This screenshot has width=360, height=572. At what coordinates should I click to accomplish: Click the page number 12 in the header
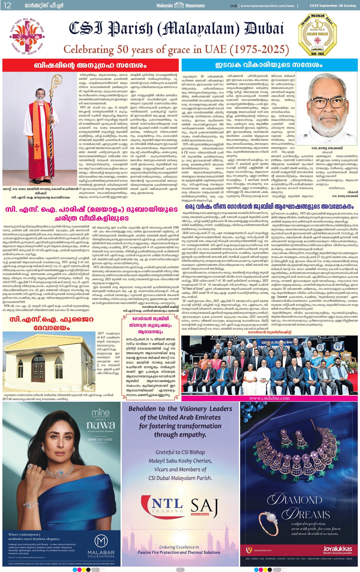(x=8, y=5)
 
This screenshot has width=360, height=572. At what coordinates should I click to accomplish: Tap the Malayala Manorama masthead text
(x=180, y=5)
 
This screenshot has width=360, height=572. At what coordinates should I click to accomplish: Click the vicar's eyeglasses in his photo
(x=326, y=103)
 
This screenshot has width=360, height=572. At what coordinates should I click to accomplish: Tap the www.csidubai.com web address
(x=269, y=398)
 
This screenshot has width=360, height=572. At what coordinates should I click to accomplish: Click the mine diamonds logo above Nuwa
(x=100, y=413)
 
